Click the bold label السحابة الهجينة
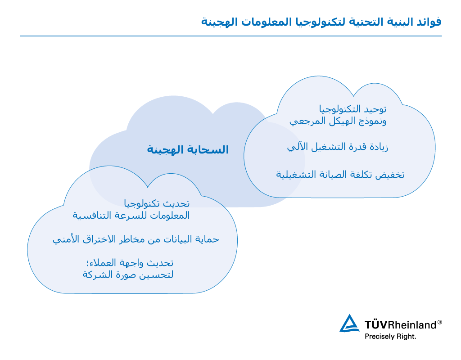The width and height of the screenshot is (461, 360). pos(188,149)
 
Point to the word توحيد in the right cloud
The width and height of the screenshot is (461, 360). pos(374,109)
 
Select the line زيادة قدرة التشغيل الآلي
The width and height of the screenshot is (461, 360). pos(338,147)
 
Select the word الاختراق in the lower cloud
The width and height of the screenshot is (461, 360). pos(99,239)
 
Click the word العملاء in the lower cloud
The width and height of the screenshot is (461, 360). pos(103,263)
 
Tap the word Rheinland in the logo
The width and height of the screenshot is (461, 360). pos(412,325)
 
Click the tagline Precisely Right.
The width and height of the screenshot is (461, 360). pos(390,337)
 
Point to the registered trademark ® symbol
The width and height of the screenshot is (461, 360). pos(440,322)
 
